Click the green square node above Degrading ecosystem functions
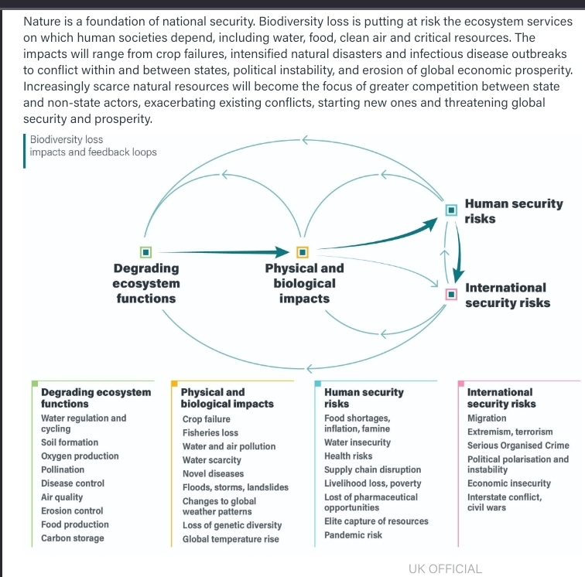[145, 251]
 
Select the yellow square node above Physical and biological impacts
[303, 251]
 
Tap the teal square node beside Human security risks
[451, 209]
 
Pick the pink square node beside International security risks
[451, 294]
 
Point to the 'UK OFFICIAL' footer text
[445, 568]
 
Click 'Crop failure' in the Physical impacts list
[206, 419]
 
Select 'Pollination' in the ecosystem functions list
[63, 469]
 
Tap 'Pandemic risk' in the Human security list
[353, 535]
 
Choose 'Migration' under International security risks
[487, 418]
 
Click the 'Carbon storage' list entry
[72, 538]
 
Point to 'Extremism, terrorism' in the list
[510, 432]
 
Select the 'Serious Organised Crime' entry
[518, 446]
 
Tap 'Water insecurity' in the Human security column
[357, 442]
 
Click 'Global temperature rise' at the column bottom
[231, 539]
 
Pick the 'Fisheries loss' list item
[210, 433]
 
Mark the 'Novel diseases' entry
[213, 473]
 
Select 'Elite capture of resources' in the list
[376, 521]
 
